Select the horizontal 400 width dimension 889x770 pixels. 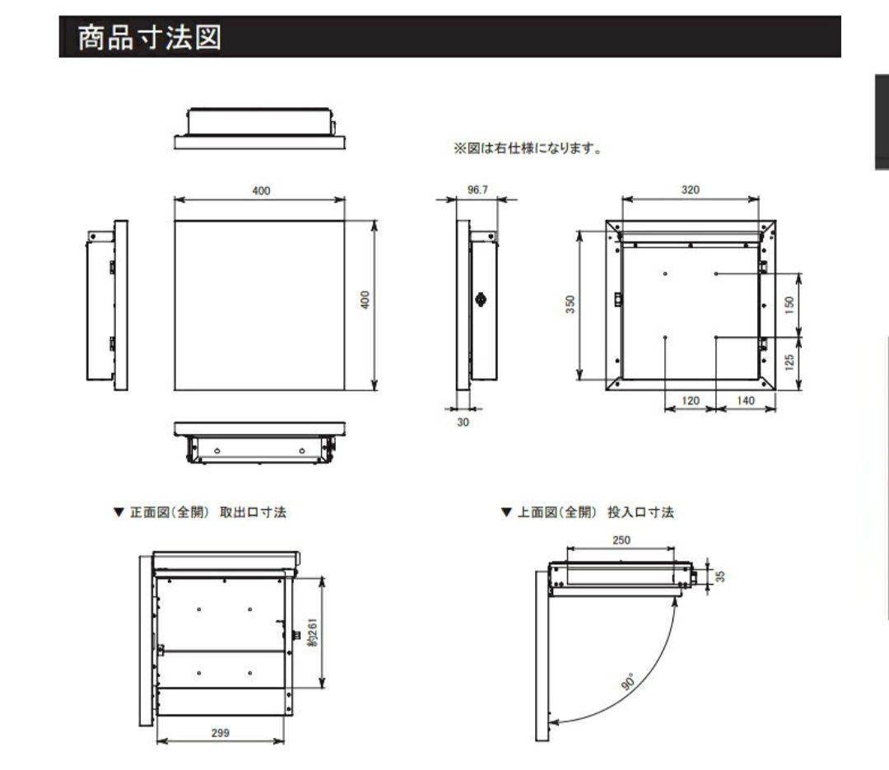261,191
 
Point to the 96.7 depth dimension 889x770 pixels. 477,190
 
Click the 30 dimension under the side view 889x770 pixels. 463,422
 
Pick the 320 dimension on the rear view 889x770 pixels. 690,190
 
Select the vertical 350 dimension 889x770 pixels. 570,304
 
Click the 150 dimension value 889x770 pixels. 790,304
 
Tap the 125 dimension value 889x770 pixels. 790,361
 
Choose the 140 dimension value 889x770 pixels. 746,400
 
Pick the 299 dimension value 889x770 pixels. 220,732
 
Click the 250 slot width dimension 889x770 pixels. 621,541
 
